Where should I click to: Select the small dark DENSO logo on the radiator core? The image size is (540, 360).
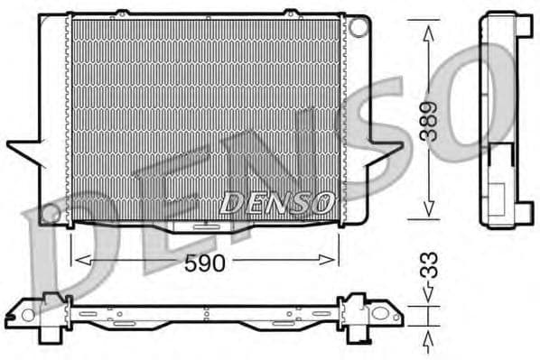coord(277,203)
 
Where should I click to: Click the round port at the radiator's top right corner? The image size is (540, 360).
coord(358,27)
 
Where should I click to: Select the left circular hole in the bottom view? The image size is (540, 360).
coord(28,315)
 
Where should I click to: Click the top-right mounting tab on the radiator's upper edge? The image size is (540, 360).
coord(291,13)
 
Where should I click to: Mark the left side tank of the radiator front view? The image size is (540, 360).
coord(55,117)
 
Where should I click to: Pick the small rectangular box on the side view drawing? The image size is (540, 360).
coord(498,193)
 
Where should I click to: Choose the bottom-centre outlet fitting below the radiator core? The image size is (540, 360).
coord(205,227)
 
